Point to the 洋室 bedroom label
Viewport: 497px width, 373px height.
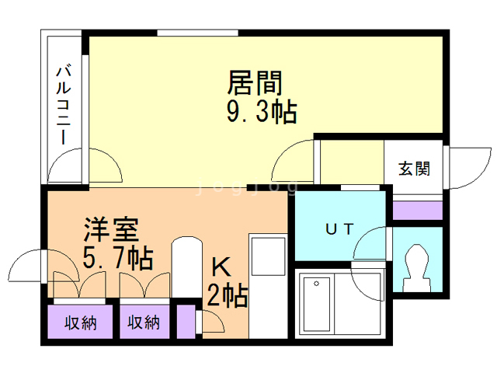(x=112, y=229)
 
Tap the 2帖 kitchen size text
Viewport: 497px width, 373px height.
(x=227, y=296)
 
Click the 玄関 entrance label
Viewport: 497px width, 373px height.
(x=414, y=168)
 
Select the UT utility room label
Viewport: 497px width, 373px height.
(x=339, y=229)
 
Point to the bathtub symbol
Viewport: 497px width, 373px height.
(x=318, y=305)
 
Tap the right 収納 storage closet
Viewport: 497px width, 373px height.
(x=144, y=322)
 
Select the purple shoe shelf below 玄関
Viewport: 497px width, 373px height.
(x=417, y=210)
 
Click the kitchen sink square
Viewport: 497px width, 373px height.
(x=268, y=254)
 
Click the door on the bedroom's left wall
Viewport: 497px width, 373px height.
(x=31, y=268)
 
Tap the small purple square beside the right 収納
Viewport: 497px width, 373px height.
(x=185, y=322)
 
